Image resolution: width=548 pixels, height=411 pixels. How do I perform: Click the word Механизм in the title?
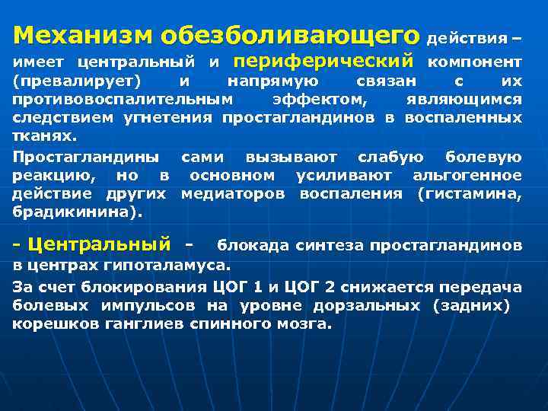[x=84, y=35]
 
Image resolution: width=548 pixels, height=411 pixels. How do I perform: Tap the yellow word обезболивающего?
[x=290, y=36]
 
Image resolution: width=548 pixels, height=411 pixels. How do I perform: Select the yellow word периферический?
[x=324, y=60]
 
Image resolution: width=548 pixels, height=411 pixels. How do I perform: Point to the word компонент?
[x=475, y=62]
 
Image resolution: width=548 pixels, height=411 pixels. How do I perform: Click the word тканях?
[x=43, y=137]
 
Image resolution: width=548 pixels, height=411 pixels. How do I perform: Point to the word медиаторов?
[x=233, y=194]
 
